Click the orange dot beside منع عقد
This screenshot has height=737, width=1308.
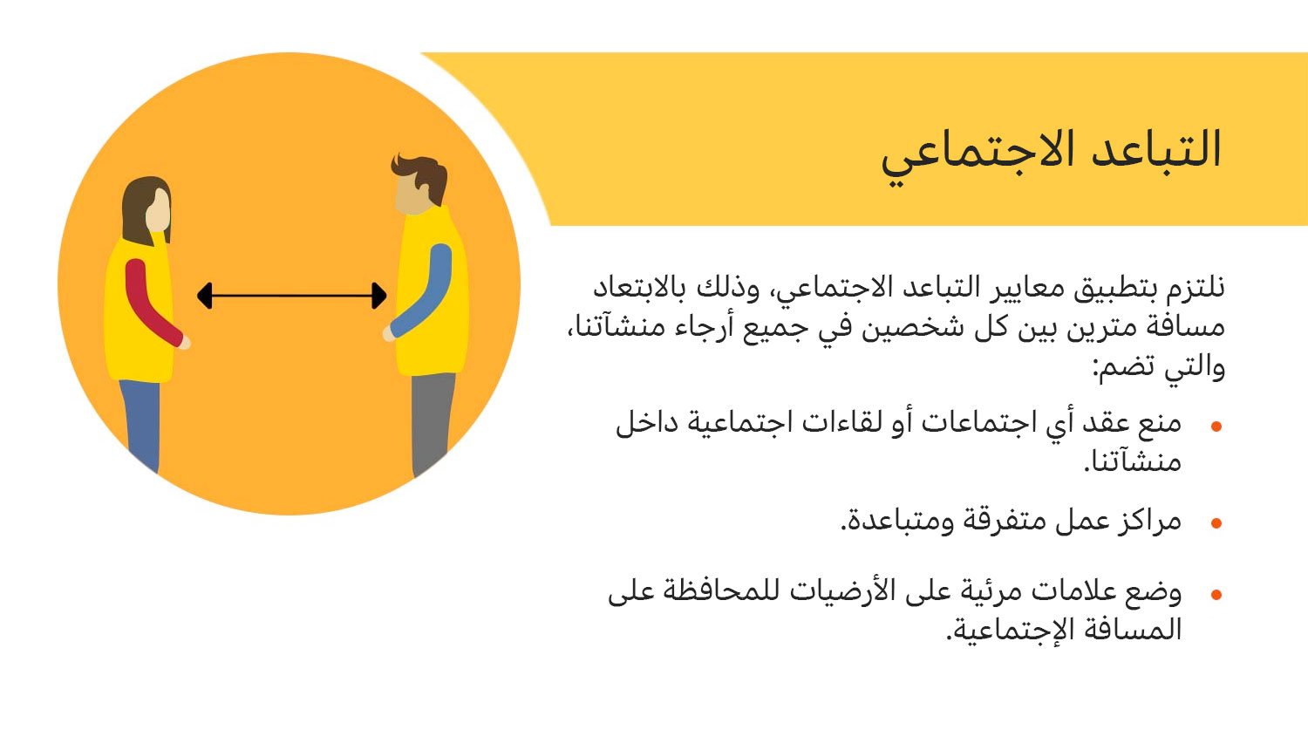click(1216, 427)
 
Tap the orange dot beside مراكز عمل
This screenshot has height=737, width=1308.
click(1216, 522)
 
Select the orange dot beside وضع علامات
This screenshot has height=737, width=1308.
click(1216, 595)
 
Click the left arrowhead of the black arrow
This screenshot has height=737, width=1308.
click(204, 296)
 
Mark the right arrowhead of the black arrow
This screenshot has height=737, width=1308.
click(379, 296)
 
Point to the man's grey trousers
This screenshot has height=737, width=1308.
click(433, 421)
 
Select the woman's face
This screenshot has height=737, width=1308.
click(158, 211)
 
